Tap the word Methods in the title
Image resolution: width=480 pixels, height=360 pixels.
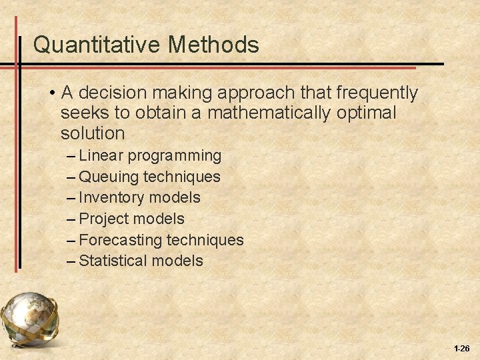(x=214, y=45)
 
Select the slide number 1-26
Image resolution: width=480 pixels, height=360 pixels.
(x=461, y=349)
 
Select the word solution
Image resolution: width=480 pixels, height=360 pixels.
(x=93, y=133)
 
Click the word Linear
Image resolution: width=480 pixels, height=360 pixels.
(x=101, y=156)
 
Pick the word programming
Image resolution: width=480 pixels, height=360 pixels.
(x=175, y=156)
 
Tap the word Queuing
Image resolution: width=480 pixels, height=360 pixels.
(x=109, y=177)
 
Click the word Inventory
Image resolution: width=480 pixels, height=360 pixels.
(x=111, y=198)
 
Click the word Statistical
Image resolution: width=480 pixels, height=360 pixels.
(x=113, y=261)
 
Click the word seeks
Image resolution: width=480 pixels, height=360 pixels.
(x=83, y=113)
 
